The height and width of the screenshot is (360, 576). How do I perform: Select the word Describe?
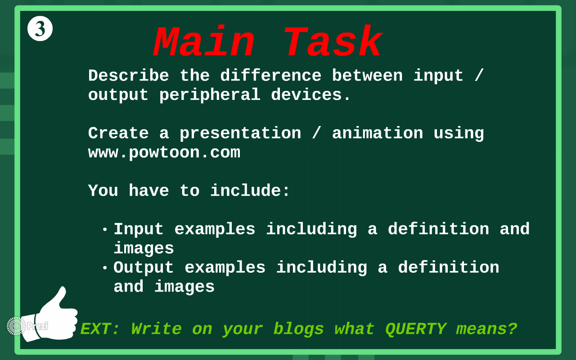point(129,76)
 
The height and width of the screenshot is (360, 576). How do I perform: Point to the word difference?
point(271,76)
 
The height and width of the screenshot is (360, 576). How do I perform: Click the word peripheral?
point(210,95)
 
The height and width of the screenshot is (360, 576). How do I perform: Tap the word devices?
point(311,95)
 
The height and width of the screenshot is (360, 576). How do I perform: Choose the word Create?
point(118,133)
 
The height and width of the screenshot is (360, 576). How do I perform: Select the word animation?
point(378,133)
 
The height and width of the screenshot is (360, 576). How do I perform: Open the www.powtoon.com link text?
point(164,153)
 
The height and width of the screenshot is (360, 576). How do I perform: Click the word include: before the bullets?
point(250,191)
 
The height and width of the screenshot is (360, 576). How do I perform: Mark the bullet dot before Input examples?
point(105,230)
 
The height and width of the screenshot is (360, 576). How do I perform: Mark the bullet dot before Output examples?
point(105,268)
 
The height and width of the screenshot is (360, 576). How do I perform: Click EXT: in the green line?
point(100,329)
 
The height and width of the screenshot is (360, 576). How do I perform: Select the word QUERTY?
point(416,329)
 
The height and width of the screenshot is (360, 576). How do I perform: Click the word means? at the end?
point(486,329)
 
